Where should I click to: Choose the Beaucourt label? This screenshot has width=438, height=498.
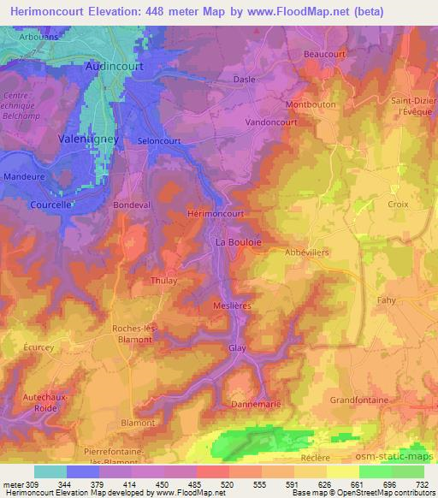coord(323,53)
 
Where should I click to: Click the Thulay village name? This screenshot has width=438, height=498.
coord(163,280)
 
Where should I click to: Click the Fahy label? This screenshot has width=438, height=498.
coord(388,300)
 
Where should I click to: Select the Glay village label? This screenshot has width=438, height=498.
coord(237,348)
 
